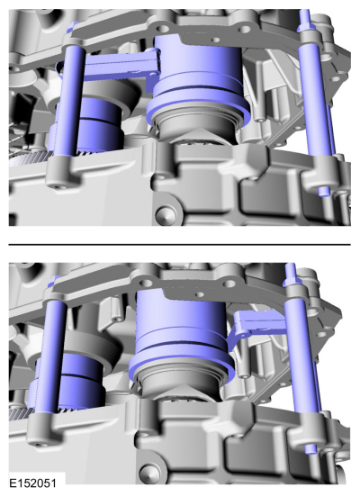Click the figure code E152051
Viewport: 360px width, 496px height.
tap(32, 483)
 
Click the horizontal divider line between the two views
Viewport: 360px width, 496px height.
tap(180, 245)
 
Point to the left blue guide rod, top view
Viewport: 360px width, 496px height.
tap(69, 101)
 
